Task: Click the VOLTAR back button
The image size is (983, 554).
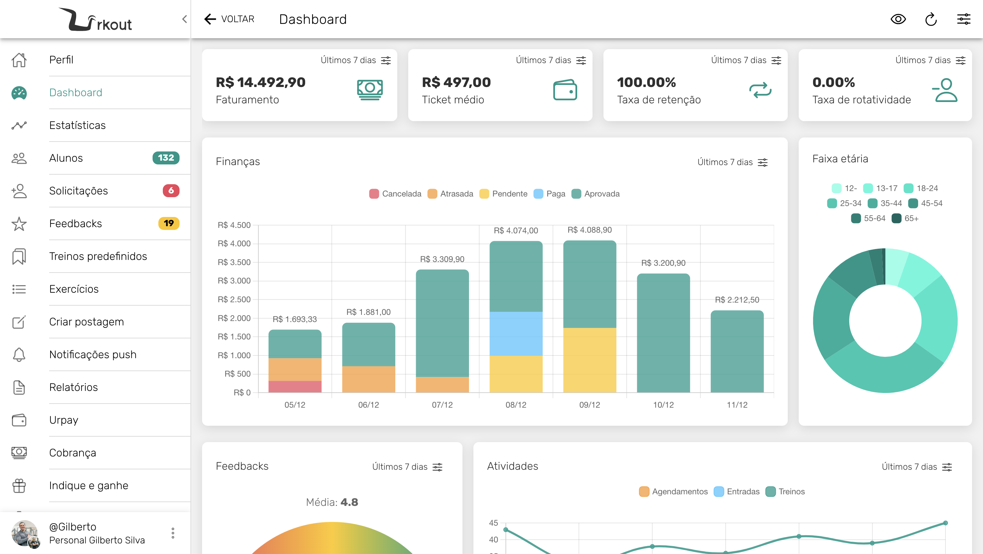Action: [229, 19]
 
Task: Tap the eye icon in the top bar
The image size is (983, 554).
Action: [898, 19]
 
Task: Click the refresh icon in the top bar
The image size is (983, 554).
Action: [931, 19]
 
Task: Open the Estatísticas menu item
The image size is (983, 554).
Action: [77, 125]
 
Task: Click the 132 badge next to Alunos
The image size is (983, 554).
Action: [166, 158]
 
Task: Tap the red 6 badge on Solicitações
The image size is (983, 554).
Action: [171, 191]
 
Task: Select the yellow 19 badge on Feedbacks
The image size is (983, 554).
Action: [169, 223]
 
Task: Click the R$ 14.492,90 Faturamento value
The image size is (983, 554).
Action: [261, 82]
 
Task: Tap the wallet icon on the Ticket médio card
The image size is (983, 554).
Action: [565, 90]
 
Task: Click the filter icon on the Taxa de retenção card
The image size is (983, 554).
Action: [776, 61]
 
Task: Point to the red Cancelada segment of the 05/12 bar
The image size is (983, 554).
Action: [295, 386]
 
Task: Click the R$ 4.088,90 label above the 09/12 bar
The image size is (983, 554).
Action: [589, 230]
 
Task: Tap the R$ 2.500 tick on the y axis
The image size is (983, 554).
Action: [234, 299]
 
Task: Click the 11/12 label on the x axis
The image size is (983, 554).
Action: [737, 405]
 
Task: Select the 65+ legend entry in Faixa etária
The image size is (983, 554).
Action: [905, 218]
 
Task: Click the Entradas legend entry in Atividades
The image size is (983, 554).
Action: [737, 492]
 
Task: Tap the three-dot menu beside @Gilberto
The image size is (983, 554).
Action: [173, 533]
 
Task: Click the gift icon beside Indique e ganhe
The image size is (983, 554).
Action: [19, 485]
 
